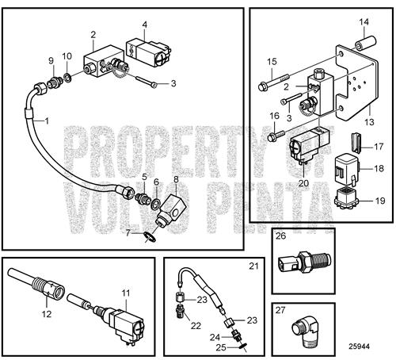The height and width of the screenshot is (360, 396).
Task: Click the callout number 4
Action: point(144,25)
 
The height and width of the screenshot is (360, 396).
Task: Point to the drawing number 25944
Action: point(359,347)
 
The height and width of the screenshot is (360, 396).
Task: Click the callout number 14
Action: point(364,21)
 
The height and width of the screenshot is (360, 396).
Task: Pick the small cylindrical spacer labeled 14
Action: point(366,42)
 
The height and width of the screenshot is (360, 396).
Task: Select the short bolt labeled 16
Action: point(276,135)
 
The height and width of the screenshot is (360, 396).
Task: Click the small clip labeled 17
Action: point(356,143)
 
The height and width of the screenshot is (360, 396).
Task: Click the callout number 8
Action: point(176,179)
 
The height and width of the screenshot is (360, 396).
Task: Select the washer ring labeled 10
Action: point(67,78)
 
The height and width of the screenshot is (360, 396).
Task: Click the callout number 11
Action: point(126,293)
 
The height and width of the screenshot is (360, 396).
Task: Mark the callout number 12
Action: point(47,314)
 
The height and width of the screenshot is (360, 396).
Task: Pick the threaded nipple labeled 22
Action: point(179,313)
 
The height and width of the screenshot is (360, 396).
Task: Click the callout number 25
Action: point(221,347)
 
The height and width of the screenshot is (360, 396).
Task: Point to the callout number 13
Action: point(369,122)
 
